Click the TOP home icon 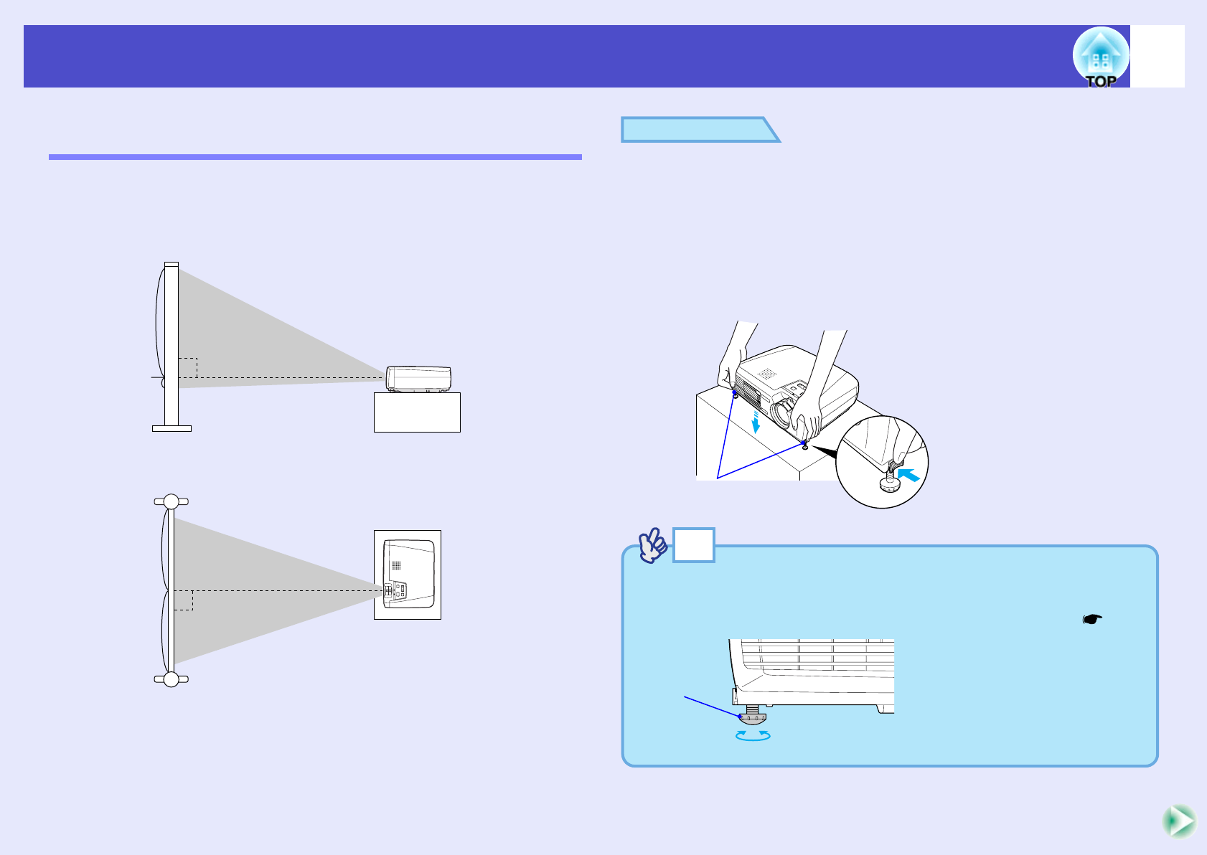[x=1100, y=57]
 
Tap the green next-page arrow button [x=1179, y=821]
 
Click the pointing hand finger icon [x=653, y=546]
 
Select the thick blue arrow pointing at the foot [x=908, y=474]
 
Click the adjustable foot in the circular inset [x=891, y=481]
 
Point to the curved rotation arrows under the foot [x=753, y=735]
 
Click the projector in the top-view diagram [x=408, y=574]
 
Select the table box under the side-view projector [x=417, y=412]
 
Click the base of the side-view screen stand [x=172, y=428]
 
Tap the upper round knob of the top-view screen [x=171, y=501]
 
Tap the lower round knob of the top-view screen [x=171, y=679]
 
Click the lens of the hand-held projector [x=780, y=412]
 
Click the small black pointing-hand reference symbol [x=1091, y=619]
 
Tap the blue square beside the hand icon [x=693, y=545]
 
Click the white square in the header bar [x=1157, y=57]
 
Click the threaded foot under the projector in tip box [x=752, y=714]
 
